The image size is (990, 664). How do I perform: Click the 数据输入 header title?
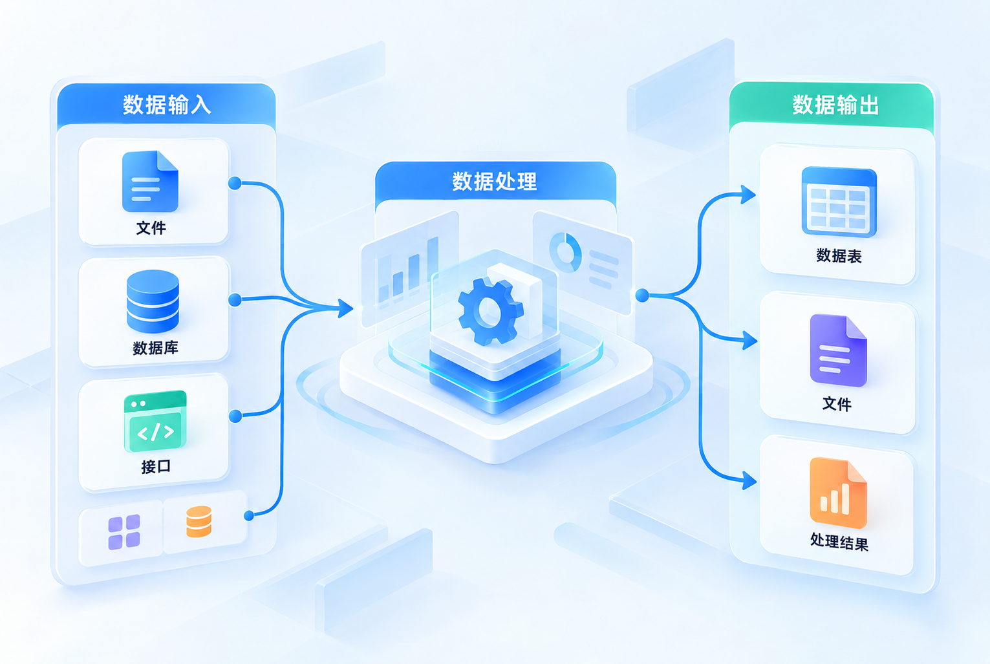167,105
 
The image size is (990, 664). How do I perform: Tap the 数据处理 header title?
495,181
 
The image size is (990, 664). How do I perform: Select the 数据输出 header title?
835,105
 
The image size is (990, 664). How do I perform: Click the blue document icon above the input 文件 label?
150,181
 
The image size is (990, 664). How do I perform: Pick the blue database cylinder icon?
153,301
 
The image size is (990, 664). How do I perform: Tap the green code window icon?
155,421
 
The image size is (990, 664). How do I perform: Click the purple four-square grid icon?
124,532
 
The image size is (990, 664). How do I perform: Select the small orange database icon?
199,522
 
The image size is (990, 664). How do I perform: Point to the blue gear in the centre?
491,312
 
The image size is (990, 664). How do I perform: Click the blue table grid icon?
839,202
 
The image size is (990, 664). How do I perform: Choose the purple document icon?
839,350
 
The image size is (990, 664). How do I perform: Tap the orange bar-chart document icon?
839,493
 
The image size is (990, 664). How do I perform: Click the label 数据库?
156,348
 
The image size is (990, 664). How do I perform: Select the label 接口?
156,467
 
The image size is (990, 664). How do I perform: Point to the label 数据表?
839,256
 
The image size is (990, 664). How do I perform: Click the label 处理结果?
839,542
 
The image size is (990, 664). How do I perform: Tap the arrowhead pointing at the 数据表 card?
748,195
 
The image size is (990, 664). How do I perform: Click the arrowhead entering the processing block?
345,308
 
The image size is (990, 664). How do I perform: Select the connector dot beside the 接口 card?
235,416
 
